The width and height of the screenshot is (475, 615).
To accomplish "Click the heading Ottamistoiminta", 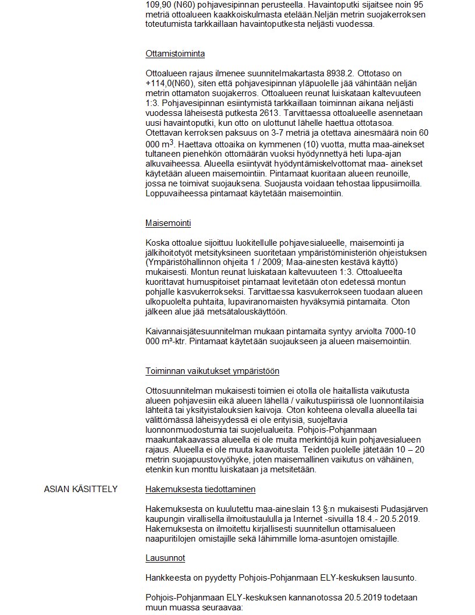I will click(x=175, y=54).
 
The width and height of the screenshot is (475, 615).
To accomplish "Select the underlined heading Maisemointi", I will click(x=168, y=223).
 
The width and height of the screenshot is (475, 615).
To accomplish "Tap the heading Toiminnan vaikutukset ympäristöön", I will click(x=212, y=371).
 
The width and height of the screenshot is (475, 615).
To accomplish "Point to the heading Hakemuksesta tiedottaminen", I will click(x=200, y=489).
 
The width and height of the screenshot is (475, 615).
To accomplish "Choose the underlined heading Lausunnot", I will click(x=165, y=558).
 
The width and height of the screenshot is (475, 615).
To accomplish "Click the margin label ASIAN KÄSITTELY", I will click(x=81, y=489).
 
